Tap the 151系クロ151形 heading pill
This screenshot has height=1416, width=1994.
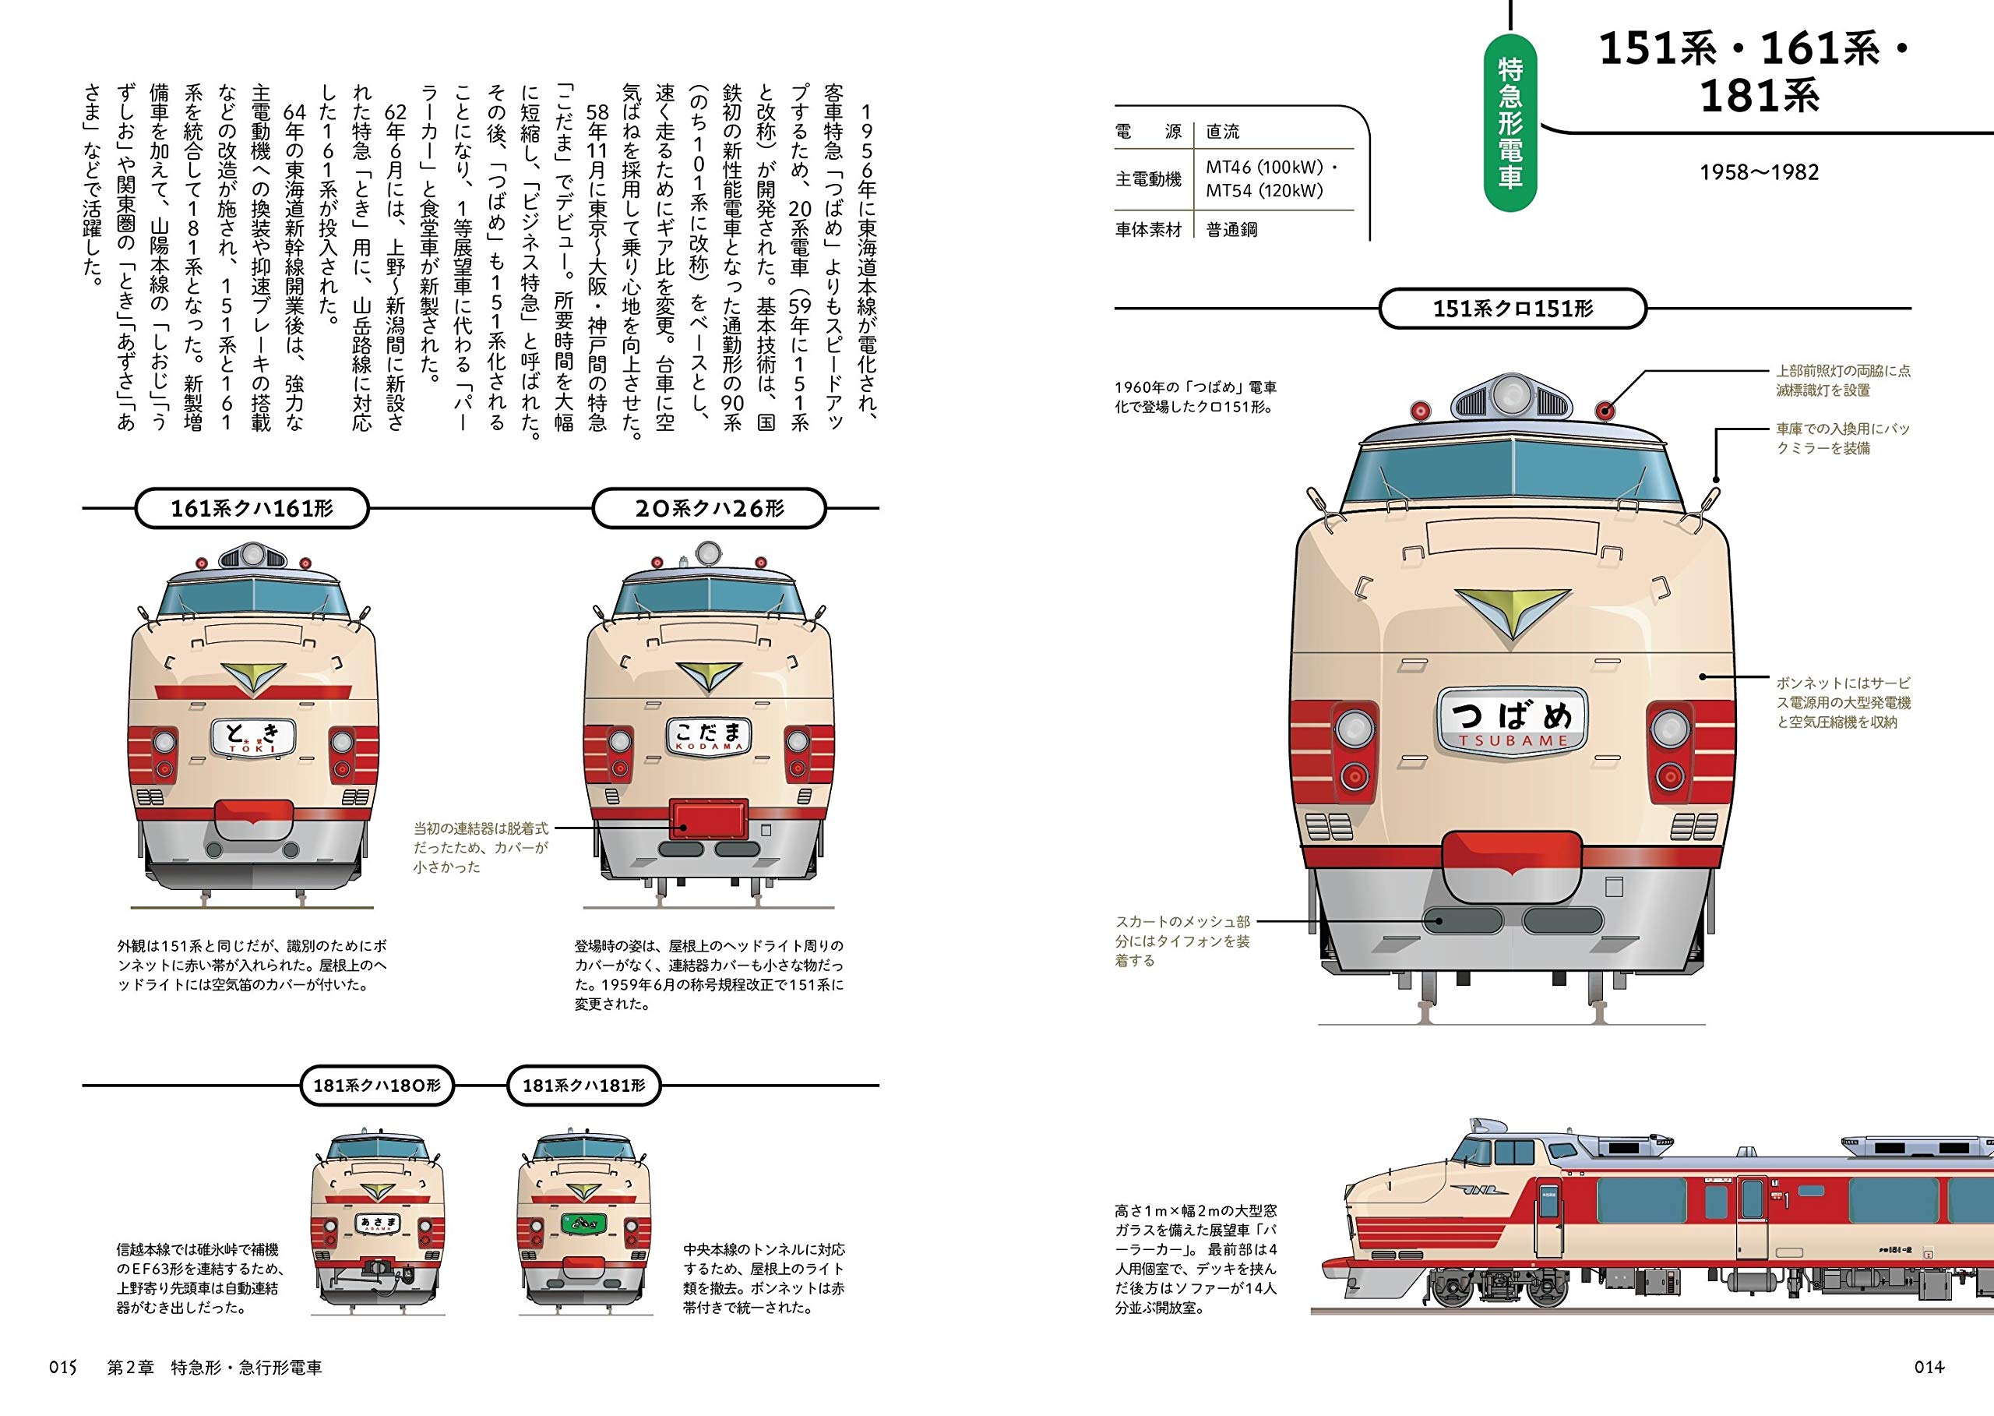(x=1513, y=309)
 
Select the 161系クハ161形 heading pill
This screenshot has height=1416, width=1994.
(x=252, y=508)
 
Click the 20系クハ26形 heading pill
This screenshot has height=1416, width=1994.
(x=709, y=508)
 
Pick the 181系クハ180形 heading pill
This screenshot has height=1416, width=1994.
(x=377, y=1086)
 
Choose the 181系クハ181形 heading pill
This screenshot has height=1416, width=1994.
(x=584, y=1086)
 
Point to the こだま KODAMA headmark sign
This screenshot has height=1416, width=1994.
(x=708, y=736)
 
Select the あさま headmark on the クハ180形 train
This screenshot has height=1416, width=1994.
(x=377, y=1224)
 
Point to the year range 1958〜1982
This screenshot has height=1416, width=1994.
(x=1759, y=173)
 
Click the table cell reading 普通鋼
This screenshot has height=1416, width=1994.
(x=1231, y=230)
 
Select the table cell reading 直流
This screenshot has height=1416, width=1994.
(x=1223, y=132)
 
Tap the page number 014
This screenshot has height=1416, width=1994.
(x=1929, y=1367)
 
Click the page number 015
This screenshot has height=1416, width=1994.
(x=64, y=1367)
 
